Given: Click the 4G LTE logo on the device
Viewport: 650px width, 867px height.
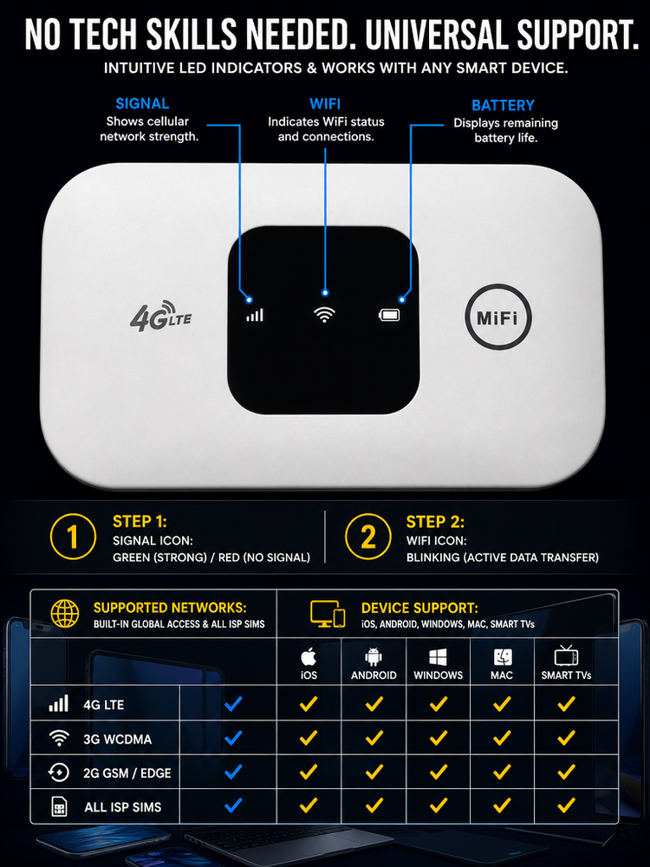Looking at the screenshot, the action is [160, 316].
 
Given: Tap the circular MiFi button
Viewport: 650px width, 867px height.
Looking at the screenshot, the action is [498, 317].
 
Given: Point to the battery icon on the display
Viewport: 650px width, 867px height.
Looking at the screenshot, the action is [389, 316].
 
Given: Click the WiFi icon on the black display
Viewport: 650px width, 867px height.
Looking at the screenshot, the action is [324, 315].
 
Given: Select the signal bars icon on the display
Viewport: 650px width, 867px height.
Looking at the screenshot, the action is [255, 316].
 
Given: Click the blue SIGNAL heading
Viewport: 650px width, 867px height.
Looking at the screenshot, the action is [143, 103].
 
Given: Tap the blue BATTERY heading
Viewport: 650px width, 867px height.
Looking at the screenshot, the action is [503, 105].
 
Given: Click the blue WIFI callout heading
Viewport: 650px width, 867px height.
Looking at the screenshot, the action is [325, 104].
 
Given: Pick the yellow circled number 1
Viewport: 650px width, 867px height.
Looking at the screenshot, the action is [73, 537].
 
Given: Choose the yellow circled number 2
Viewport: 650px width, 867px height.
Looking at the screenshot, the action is [368, 537].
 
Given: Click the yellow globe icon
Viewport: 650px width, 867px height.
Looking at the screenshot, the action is [65, 614].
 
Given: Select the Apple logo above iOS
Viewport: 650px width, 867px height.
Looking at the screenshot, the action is [309, 657].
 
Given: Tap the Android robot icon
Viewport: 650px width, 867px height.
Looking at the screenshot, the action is [374, 657].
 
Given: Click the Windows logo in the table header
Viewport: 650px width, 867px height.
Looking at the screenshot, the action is [439, 657].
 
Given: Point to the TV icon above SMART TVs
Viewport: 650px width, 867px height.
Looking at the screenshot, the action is [566, 655].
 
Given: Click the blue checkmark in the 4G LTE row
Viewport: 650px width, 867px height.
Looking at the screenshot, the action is [233, 703].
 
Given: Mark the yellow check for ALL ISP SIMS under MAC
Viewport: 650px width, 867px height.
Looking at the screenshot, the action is [502, 805].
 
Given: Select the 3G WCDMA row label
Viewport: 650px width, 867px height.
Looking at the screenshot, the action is [117, 740].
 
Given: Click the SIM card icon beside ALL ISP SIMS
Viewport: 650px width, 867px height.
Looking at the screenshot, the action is [59, 806].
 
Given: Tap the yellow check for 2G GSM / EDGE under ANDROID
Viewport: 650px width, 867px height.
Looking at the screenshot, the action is [374, 772].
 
